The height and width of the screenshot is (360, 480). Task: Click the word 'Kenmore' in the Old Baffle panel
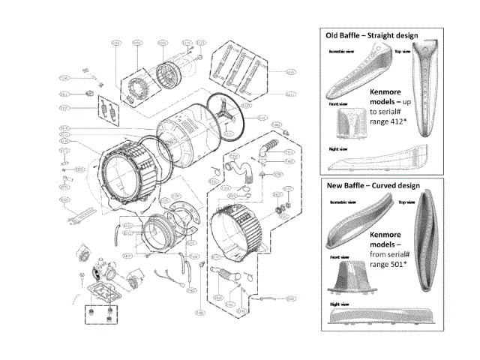(388, 91)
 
